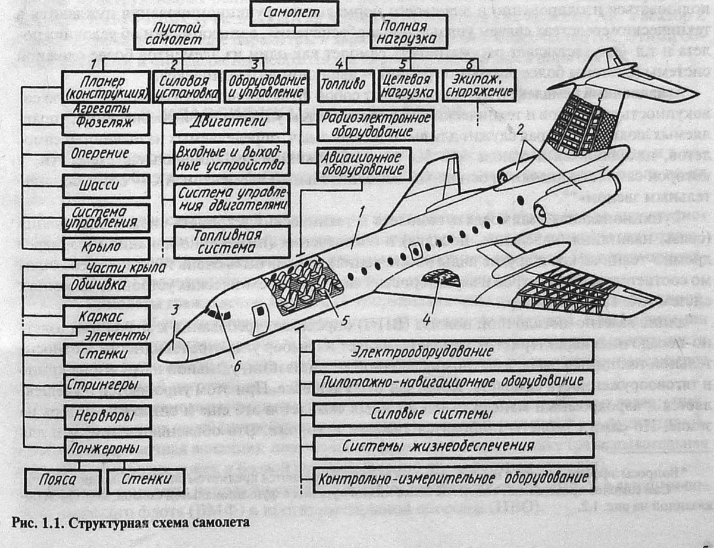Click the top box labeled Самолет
[x=294, y=13]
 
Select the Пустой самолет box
[x=177, y=33]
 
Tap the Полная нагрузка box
[x=409, y=32]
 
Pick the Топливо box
[x=346, y=86]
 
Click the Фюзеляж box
[x=105, y=124]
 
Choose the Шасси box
[x=107, y=186]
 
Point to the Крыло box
[x=107, y=248]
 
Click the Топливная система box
[x=231, y=242]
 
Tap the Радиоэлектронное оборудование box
[x=375, y=125]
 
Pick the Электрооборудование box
[x=453, y=352]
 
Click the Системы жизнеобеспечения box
[x=453, y=446]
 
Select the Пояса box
[x=62, y=480]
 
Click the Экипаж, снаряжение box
[x=478, y=86]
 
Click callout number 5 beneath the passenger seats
[x=344, y=320]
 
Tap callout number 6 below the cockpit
[x=237, y=366]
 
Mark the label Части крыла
[x=126, y=268]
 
